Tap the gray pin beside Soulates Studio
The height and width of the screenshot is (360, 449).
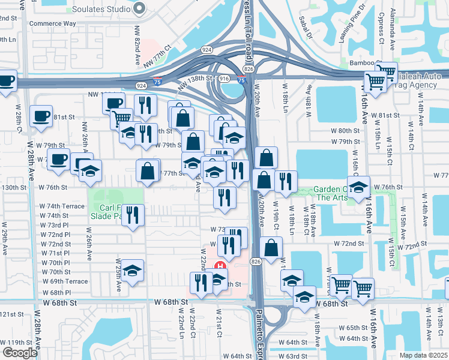(x=140, y=9)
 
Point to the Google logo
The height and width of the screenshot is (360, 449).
(x=20, y=353)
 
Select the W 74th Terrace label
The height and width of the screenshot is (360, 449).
(x=62, y=206)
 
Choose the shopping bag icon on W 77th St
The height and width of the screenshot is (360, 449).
(x=148, y=171)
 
